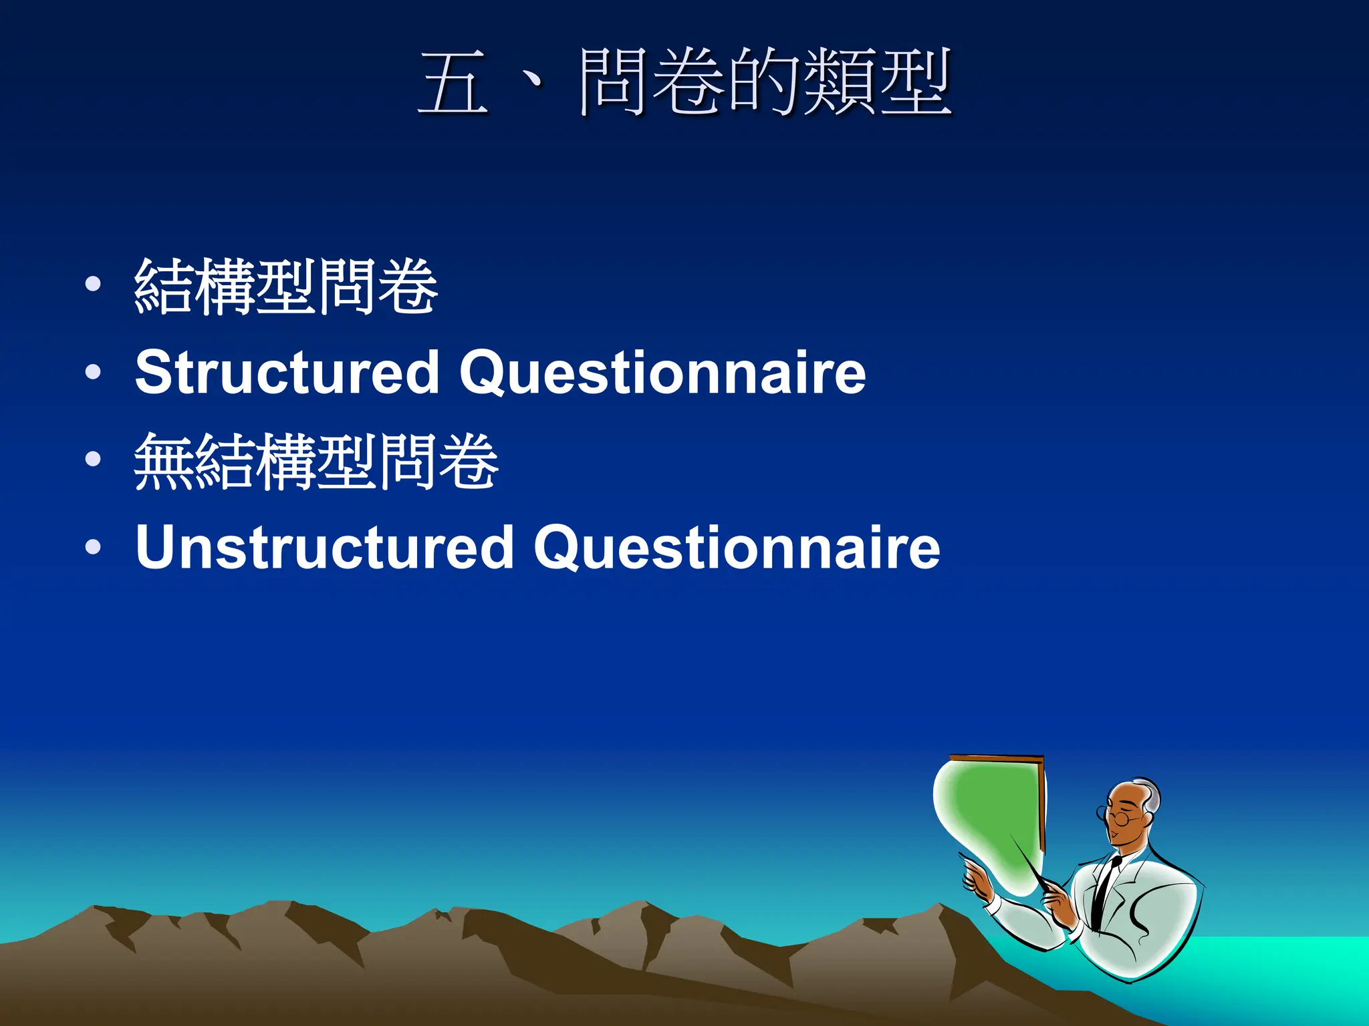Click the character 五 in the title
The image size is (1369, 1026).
[x=453, y=83]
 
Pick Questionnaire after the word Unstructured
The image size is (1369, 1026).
[x=737, y=547]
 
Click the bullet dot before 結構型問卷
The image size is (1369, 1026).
[x=94, y=284]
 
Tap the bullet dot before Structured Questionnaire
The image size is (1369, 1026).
[x=94, y=372]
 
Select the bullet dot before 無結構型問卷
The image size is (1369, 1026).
[x=94, y=459]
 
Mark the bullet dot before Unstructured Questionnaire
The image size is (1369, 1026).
[x=94, y=547]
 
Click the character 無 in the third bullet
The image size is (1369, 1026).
[x=164, y=461]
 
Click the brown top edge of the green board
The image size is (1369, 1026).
[x=996, y=758]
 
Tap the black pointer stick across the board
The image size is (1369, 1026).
[x=1029, y=862]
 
